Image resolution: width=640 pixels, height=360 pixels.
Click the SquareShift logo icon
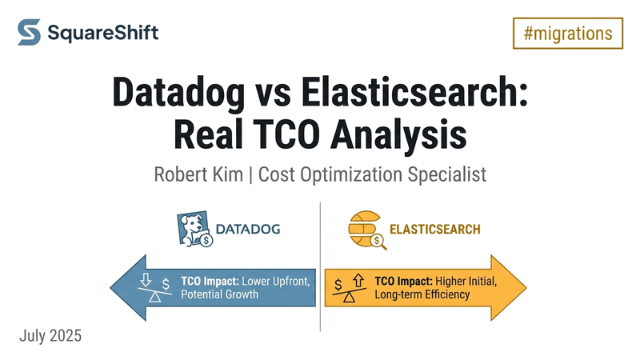click(x=30, y=33)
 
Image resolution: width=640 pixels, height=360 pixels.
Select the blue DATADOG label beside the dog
click(x=254, y=230)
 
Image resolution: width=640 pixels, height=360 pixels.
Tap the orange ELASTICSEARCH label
click(x=434, y=230)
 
